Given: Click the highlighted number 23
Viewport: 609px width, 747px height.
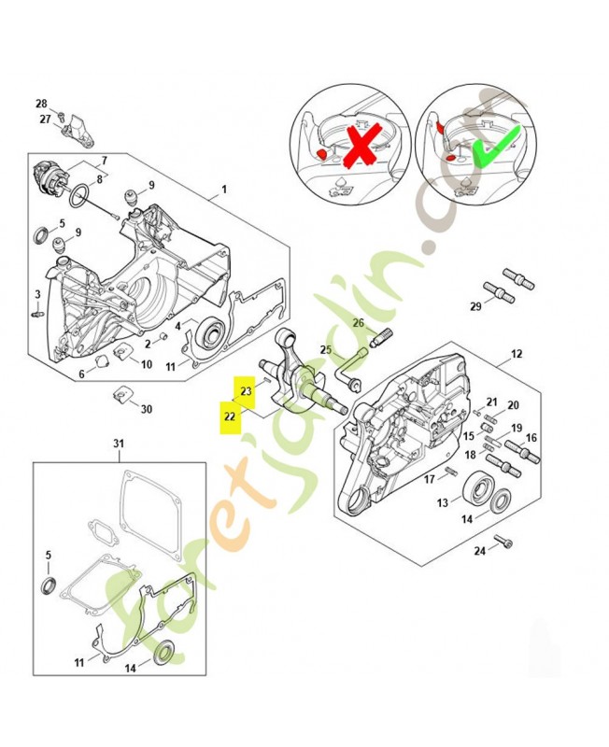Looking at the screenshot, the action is point(246,391).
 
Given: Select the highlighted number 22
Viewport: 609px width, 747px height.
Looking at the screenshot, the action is point(230,417).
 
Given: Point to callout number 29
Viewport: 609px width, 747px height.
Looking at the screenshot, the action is point(475,306).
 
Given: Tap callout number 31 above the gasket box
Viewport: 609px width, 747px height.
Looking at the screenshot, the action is point(119,444).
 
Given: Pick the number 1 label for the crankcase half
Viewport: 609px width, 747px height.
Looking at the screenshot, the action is point(224,190).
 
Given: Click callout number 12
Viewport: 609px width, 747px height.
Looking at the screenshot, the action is point(517,354).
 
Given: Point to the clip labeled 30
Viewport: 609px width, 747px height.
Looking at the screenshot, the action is point(120,394).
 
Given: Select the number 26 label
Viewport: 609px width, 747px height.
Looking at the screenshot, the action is point(359,323).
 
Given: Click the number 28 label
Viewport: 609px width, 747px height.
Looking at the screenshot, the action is point(42,104).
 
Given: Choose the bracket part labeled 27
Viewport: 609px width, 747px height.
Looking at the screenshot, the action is point(78,130).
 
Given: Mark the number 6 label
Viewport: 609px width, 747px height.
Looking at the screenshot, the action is point(81,374).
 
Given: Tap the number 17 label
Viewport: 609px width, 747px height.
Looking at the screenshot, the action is point(430,479).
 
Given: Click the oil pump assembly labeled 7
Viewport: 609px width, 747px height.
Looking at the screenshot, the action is point(49,178).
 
